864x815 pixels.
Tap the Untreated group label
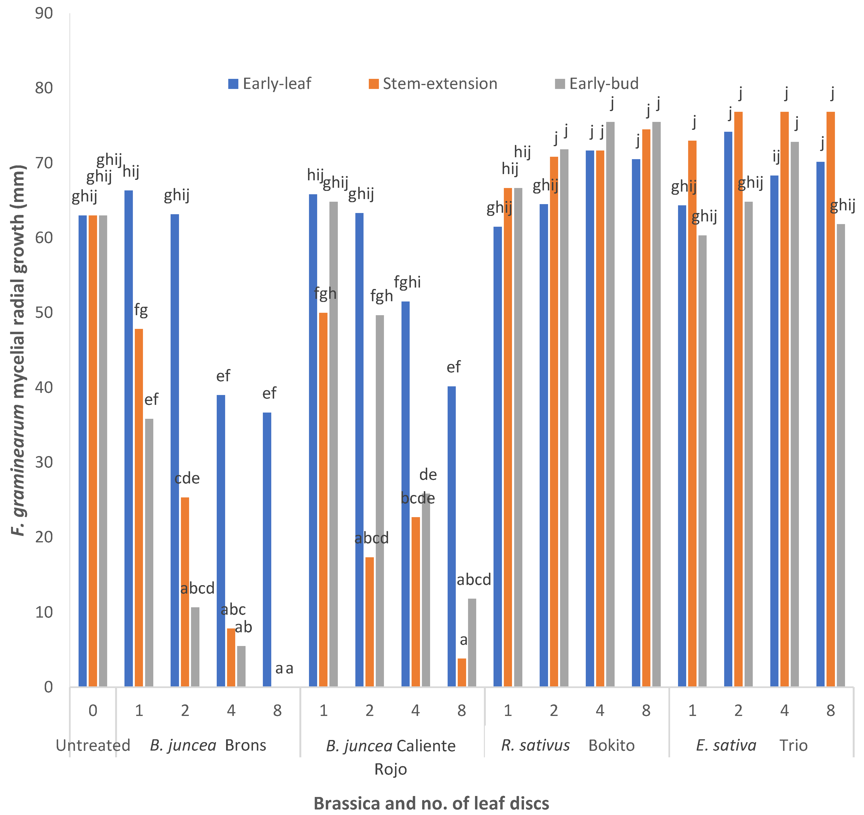(93, 746)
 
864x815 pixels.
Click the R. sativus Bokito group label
(568, 746)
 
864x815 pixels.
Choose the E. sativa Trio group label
(752, 746)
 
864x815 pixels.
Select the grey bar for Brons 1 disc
(149, 552)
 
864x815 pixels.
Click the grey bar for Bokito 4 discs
(610, 404)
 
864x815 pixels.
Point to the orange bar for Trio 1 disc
(692, 413)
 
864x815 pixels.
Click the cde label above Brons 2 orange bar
(187, 478)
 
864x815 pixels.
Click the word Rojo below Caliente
(390, 769)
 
